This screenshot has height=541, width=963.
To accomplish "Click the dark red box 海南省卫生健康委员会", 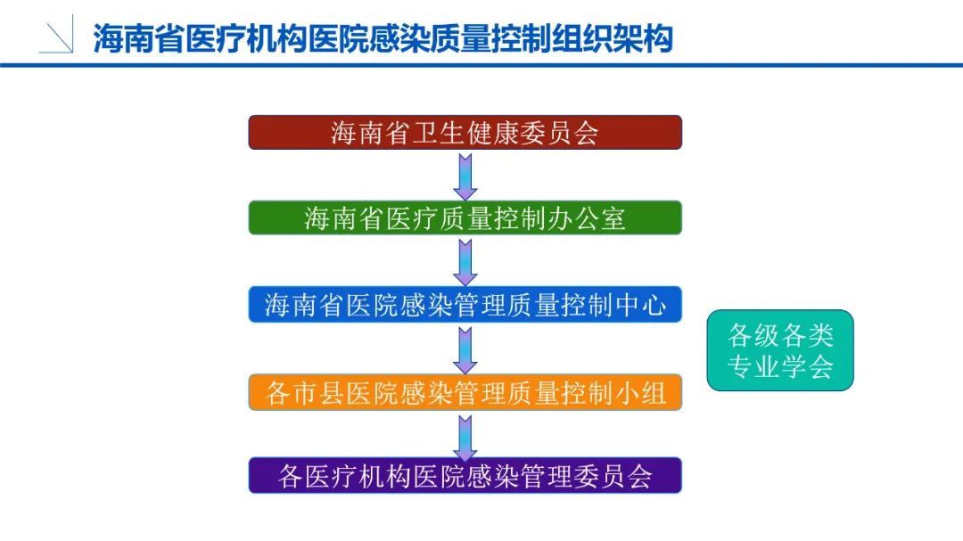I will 465,132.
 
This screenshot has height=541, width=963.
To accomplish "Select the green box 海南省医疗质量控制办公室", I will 465,217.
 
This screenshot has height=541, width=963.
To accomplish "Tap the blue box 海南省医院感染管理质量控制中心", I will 465,304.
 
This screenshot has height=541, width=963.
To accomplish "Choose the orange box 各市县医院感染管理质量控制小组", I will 465,391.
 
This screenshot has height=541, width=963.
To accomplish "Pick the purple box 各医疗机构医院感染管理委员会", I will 465,475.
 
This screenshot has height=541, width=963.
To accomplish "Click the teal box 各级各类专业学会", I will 780,350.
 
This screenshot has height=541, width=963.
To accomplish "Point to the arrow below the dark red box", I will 465,176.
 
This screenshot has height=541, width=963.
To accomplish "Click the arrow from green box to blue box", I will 465,261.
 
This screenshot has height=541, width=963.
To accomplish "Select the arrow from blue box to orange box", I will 465,348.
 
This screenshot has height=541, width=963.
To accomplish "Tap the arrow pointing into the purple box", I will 465,435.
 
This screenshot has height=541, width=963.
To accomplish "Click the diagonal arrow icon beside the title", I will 57,37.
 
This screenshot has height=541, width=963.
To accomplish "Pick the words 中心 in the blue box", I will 639,305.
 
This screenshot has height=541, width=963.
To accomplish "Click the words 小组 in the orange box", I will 639,392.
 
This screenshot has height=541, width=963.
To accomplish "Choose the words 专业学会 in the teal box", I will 780,366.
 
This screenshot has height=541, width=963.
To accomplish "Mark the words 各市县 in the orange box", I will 305,392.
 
